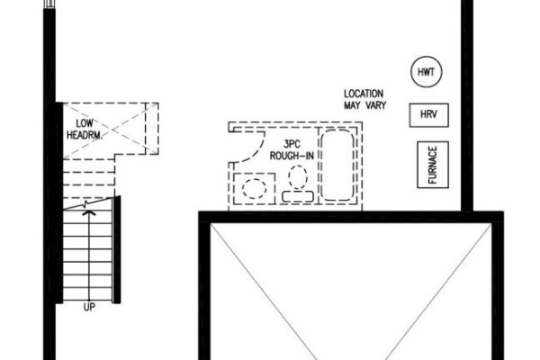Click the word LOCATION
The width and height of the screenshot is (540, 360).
click(x=364, y=94)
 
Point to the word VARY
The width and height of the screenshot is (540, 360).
click(x=375, y=105)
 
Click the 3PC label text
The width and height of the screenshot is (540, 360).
click(x=292, y=144)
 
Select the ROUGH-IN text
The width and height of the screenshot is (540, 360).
click(x=292, y=156)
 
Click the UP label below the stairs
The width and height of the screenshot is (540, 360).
click(x=89, y=307)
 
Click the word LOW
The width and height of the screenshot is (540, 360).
click(x=85, y=123)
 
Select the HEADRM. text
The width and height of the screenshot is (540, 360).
click(x=85, y=135)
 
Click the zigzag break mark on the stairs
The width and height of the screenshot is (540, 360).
click(x=85, y=204)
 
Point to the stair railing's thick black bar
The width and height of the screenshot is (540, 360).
click(x=117, y=250)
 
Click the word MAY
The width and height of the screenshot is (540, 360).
click(x=353, y=105)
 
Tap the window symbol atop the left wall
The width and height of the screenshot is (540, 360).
click(x=49, y=4)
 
